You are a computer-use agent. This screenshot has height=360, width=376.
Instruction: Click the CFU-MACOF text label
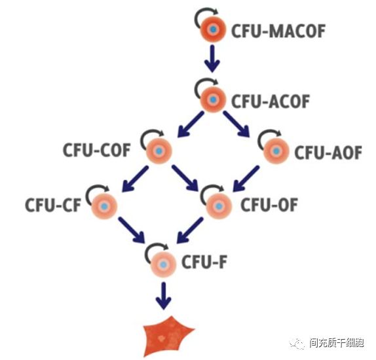click(278, 31)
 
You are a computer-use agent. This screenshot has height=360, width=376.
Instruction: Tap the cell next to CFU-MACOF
click(213, 29)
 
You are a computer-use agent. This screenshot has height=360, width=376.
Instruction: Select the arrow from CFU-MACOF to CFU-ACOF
click(212, 58)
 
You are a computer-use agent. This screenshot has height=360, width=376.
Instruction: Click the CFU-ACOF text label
click(271, 101)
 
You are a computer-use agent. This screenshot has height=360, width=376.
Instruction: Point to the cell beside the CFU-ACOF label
click(213, 99)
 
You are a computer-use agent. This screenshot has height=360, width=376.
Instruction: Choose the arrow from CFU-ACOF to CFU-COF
click(191, 124)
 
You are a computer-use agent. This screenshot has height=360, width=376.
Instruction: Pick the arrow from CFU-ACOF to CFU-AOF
click(236, 124)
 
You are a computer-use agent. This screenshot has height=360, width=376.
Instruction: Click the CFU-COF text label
click(96, 150)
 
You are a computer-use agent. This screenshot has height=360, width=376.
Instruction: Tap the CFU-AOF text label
click(328, 153)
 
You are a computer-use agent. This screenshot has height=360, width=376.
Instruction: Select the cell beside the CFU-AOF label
click(276, 151)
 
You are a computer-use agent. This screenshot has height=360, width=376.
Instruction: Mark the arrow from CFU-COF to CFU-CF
click(136, 179)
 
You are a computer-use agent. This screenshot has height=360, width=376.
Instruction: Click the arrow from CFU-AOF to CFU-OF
click(246, 179)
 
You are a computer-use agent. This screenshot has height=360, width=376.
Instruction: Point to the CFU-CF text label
click(53, 205)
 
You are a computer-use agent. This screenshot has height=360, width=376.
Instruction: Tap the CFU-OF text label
click(269, 205)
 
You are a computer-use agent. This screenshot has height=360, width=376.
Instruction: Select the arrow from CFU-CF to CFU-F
click(132, 230)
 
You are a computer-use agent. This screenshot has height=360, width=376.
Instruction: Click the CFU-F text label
click(204, 262)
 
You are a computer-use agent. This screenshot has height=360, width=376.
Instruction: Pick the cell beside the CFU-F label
click(164, 264)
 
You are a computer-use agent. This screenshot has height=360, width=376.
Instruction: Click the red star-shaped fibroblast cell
click(167, 336)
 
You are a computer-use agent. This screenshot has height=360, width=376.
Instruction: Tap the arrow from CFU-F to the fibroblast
click(164, 296)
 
